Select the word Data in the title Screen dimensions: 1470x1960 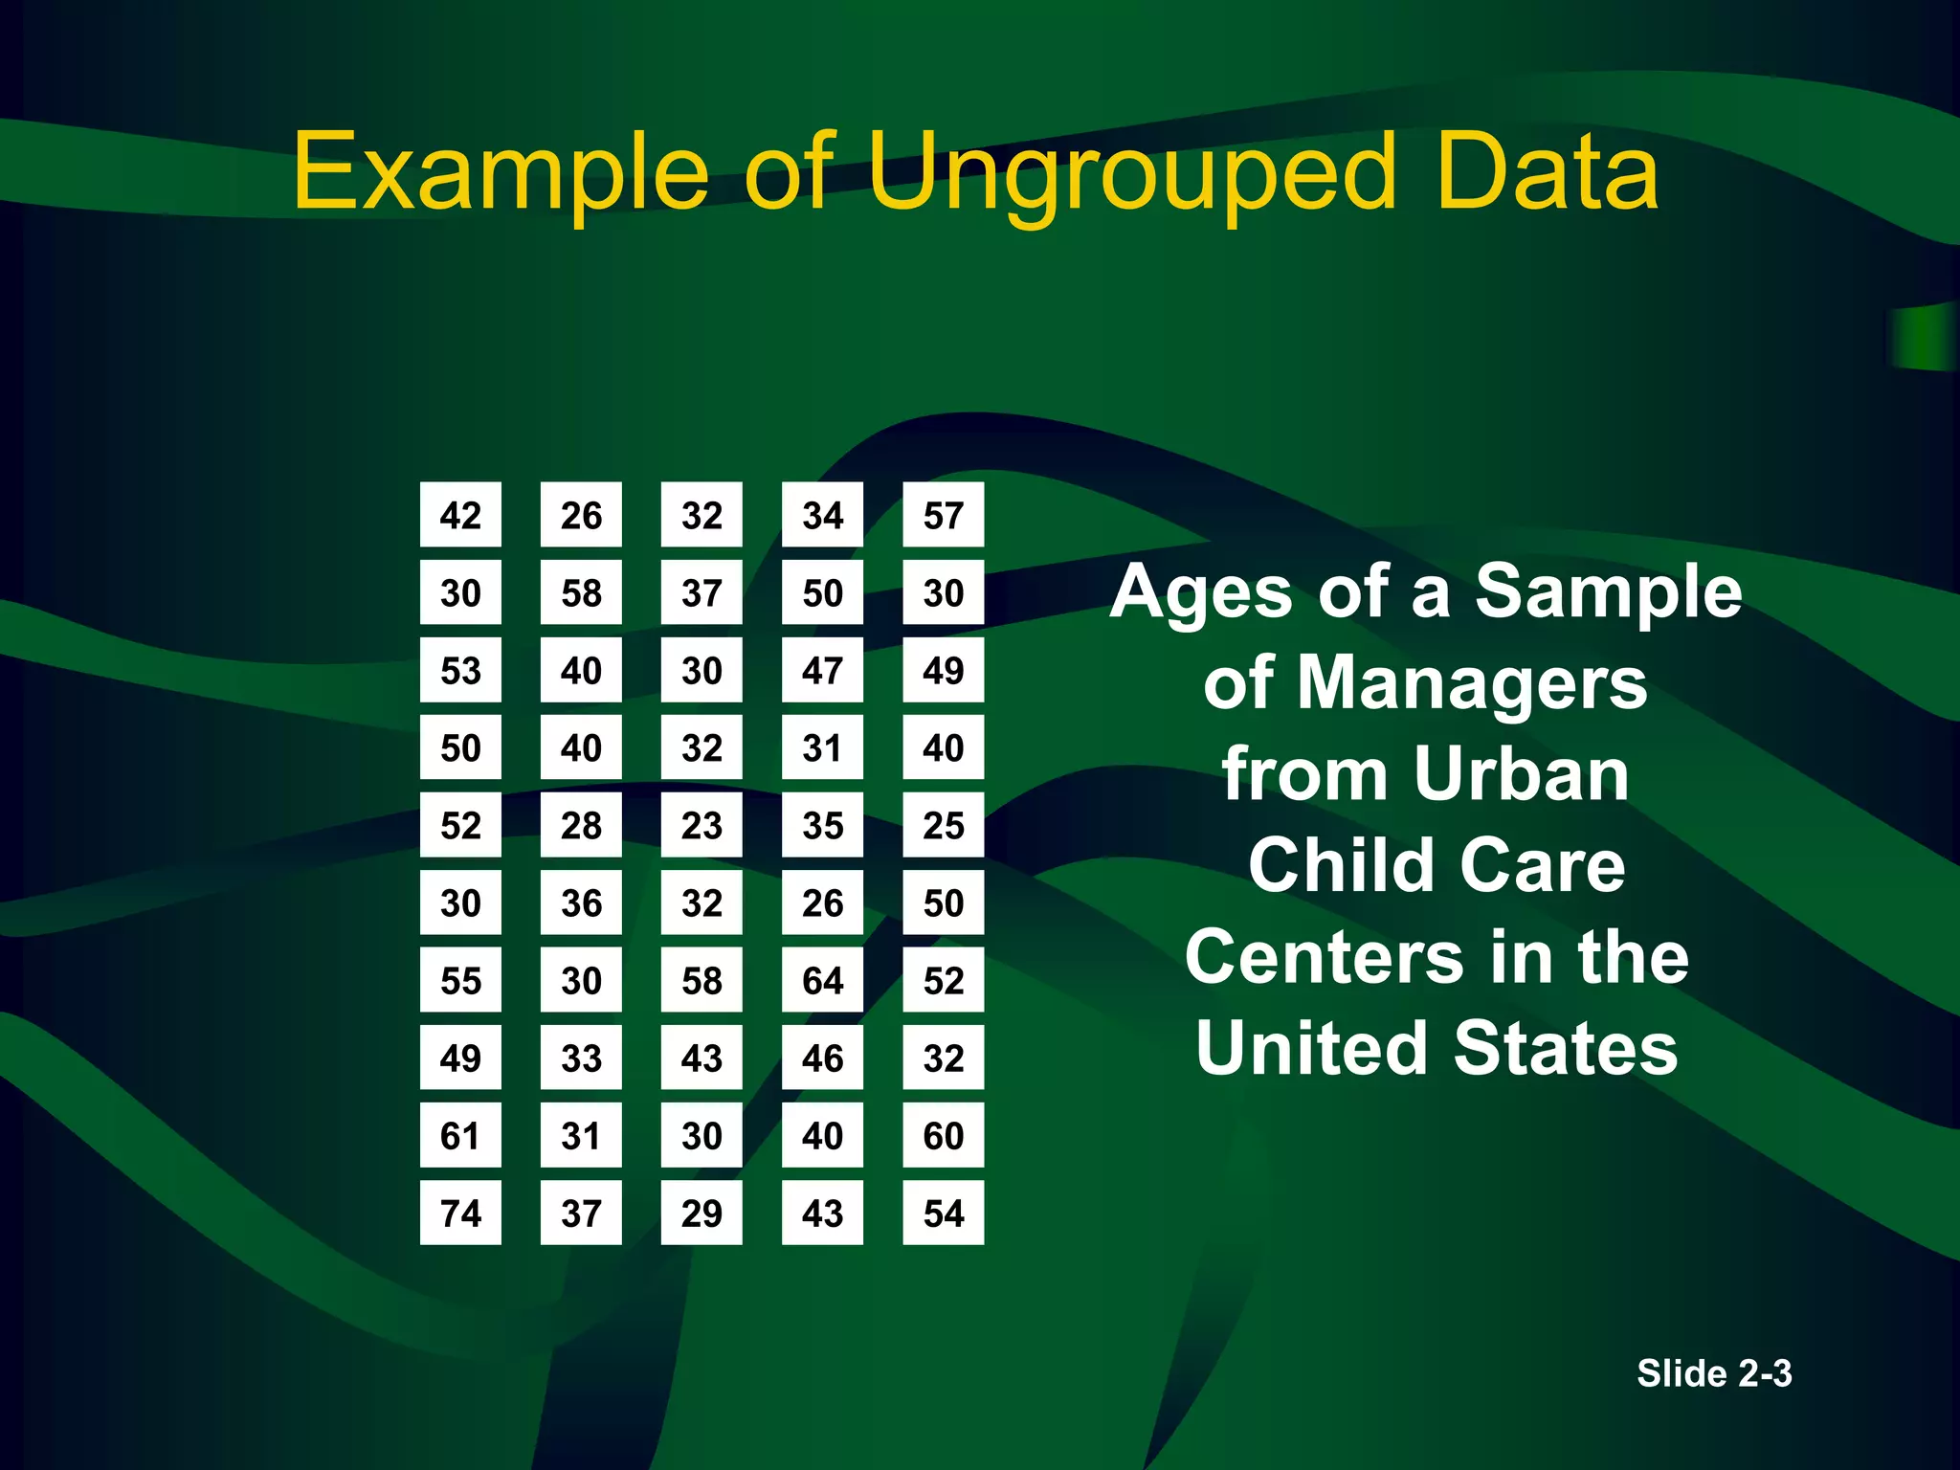[x=1547, y=172]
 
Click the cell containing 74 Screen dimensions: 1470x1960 [x=460, y=1213]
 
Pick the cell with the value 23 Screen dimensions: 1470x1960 [x=702, y=825]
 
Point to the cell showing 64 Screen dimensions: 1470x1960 [x=822, y=980]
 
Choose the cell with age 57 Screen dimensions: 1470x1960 [x=943, y=515]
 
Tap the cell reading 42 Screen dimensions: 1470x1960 [x=460, y=515]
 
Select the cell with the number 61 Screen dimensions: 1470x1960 [x=460, y=1135]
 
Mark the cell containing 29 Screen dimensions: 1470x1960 [x=702, y=1213]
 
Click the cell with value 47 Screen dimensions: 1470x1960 [x=822, y=670]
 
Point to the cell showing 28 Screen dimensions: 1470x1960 [x=581, y=825]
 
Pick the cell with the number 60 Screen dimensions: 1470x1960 [x=943, y=1135]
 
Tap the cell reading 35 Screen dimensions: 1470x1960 [x=822, y=825]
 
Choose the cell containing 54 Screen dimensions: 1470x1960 [x=943, y=1213]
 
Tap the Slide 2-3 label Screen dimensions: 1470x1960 [x=1714, y=1373]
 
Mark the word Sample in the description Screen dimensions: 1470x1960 [x=1608, y=592]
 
